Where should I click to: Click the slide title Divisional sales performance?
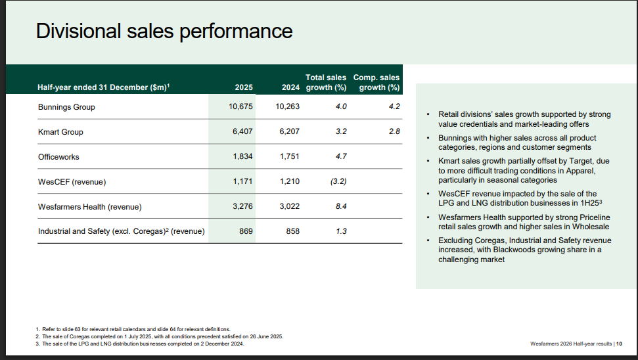click(164, 32)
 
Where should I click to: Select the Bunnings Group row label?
click(66, 107)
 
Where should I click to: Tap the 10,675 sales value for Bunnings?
click(240, 107)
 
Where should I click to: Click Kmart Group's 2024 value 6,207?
click(288, 132)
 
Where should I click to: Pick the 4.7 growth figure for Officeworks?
click(340, 157)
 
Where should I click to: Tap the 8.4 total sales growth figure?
click(340, 207)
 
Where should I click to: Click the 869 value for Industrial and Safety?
click(246, 231)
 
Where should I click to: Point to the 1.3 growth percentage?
click(340, 231)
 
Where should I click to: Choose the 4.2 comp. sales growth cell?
click(394, 107)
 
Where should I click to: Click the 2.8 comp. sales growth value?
click(394, 132)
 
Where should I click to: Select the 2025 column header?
click(243, 87)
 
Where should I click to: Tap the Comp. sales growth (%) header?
click(376, 83)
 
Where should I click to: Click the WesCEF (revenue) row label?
click(72, 182)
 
